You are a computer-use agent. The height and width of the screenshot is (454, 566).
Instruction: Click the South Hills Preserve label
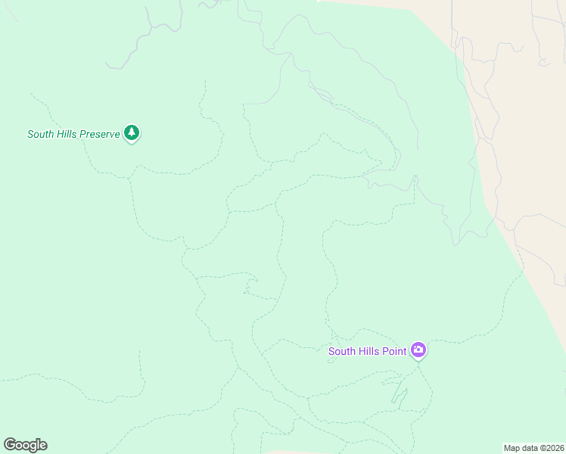coord(73,134)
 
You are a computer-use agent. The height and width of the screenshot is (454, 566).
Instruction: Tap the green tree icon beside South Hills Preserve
coord(132,133)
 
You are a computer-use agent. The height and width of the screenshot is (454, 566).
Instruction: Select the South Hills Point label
coord(367,352)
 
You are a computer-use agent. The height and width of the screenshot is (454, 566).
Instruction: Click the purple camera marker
coord(418,350)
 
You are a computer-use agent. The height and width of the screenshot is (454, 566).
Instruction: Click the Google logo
coord(25,445)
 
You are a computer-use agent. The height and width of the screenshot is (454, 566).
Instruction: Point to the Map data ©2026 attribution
coord(534,447)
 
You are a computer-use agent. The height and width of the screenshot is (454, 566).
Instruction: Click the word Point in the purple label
coord(395,352)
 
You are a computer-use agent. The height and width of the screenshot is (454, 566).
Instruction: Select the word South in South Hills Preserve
coord(40,134)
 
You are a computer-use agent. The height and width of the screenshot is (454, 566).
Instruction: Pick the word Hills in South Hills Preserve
coord(68,134)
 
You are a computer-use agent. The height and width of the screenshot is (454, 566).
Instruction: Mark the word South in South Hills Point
coord(341,352)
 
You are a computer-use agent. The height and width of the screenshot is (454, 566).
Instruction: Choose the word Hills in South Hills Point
coord(369,352)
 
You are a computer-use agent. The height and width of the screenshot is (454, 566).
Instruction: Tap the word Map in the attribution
coord(512,447)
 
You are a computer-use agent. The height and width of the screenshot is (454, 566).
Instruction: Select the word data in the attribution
coord(530,447)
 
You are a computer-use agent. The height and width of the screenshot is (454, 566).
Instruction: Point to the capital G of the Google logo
coord(9,445)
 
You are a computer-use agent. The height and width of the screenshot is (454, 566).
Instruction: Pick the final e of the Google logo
coord(43,446)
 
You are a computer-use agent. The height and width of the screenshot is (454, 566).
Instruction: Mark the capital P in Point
coord(386,352)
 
